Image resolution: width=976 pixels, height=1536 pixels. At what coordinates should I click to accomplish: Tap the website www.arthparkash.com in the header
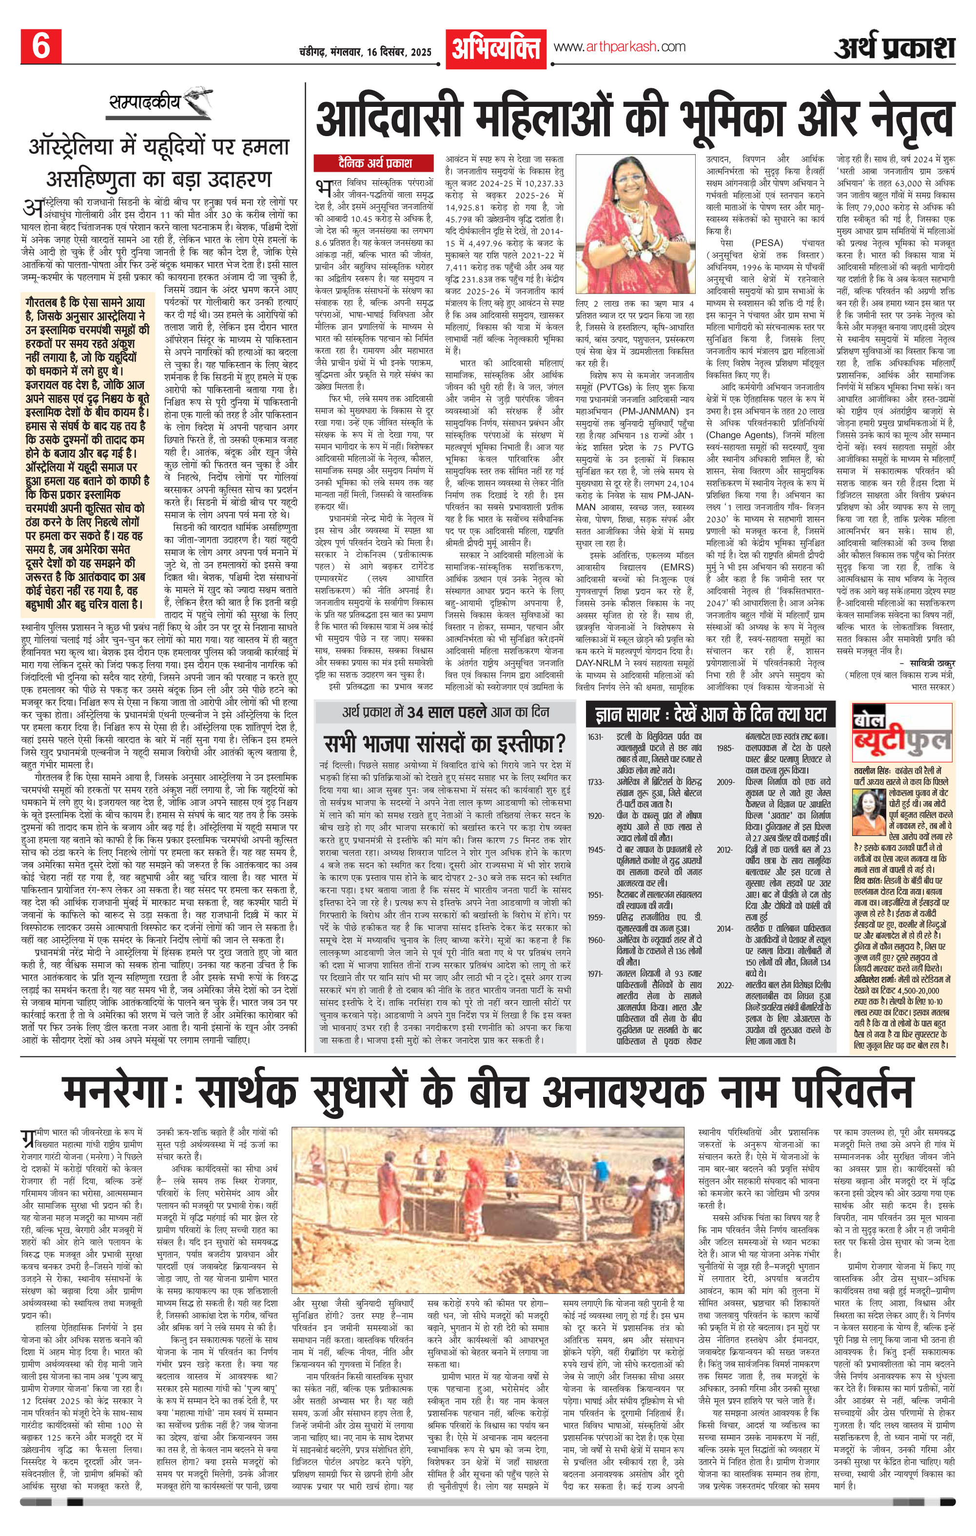(620, 46)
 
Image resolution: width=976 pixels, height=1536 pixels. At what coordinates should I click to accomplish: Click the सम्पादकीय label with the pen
(145, 101)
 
